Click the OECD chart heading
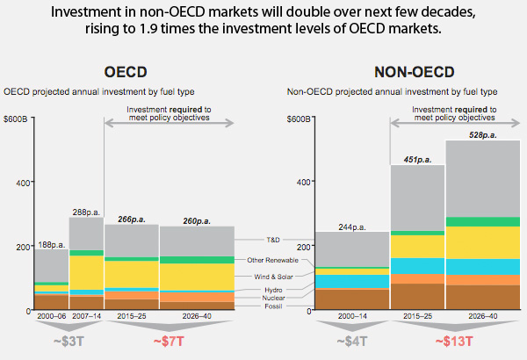click(125, 72)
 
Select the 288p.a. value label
click(86, 212)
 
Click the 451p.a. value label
click(417, 160)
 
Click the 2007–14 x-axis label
click(86, 316)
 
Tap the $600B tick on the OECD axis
click(17, 118)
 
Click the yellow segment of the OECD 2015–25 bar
click(131, 274)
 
